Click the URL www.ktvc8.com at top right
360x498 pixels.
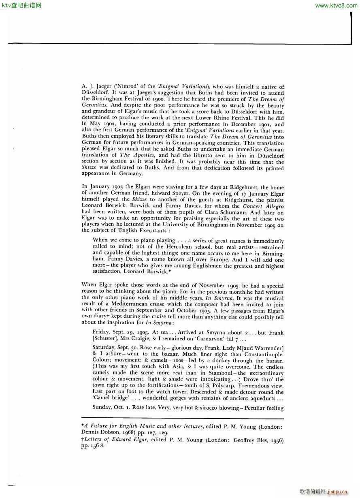[336, 5]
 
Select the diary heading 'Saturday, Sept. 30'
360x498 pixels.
[115, 348]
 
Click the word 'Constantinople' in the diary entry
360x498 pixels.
[263, 354]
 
